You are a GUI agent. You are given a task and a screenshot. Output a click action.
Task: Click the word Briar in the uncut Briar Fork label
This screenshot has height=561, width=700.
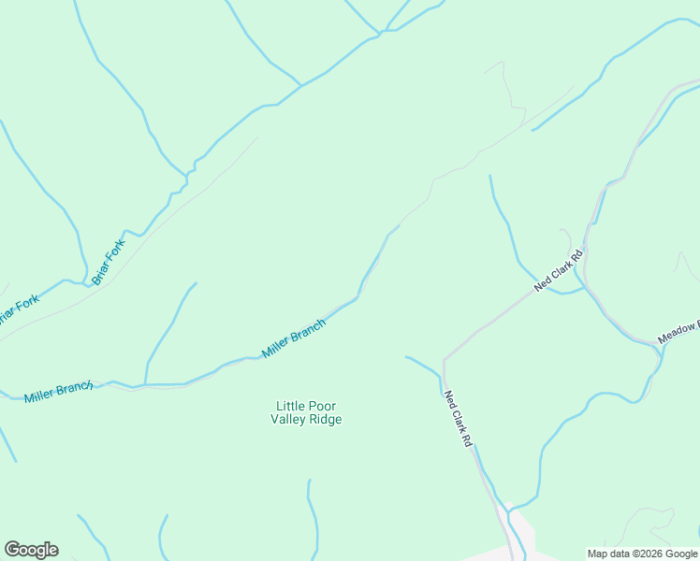pos(100,272)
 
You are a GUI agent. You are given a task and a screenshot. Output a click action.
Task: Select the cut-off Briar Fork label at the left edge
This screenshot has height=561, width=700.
pos(19,309)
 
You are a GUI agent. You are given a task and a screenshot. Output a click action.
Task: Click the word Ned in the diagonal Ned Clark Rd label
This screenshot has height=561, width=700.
pos(542,284)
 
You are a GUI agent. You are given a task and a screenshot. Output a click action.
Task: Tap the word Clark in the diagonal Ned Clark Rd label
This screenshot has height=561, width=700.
pos(560,270)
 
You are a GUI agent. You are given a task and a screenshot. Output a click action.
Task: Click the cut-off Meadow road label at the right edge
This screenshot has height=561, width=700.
pos(678,331)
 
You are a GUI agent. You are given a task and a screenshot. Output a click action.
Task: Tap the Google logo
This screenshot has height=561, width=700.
pos(31,550)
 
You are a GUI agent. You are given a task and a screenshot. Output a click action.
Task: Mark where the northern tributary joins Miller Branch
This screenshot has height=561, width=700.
pos(145,383)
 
